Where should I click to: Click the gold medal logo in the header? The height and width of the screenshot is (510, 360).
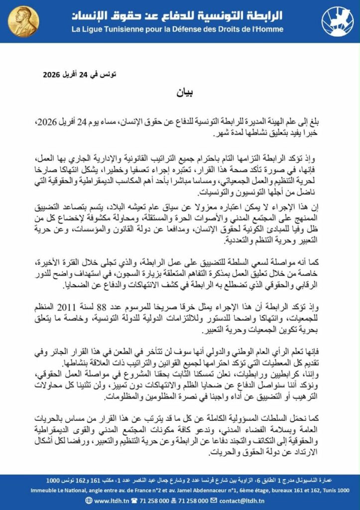click(24, 21)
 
